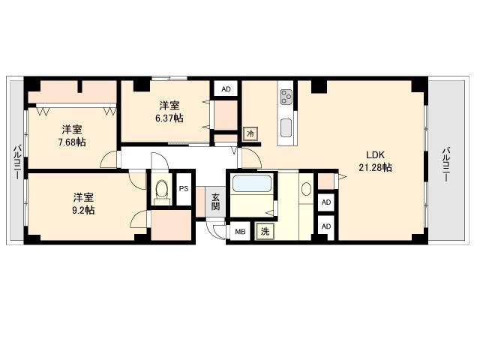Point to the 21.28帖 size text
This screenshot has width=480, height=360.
pyautogui.click(x=375, y=167)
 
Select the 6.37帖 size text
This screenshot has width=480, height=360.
pyautogui.click(x=168, y=118)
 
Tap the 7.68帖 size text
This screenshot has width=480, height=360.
pyautogui.click(x=72, y=142)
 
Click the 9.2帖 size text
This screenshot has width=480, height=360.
pyautogui.click(x=83, y=210)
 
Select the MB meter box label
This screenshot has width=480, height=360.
pyautogui.click(x=240, y=232)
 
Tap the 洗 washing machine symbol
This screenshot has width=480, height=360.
pyautogui.click(x=265, y=232)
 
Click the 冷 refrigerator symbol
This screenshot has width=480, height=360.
pyautogui.click(x=250, y=134)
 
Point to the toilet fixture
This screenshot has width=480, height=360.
pyautogui.click(x=160, y=193)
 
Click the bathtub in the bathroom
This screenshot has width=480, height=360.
pyautogui.click(x=252, y=183)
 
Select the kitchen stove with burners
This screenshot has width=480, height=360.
pyautogui.click(x=286, y=97)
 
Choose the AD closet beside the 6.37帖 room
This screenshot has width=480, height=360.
pyautogui.click(x=226, y=88)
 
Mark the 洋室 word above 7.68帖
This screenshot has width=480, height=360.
pyautogui.click(x=72, y=128)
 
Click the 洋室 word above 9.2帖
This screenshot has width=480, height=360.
pyautogui.click(x=83, y=196)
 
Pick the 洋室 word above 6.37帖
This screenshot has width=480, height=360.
pyautogui.click(x=168, y=105)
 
